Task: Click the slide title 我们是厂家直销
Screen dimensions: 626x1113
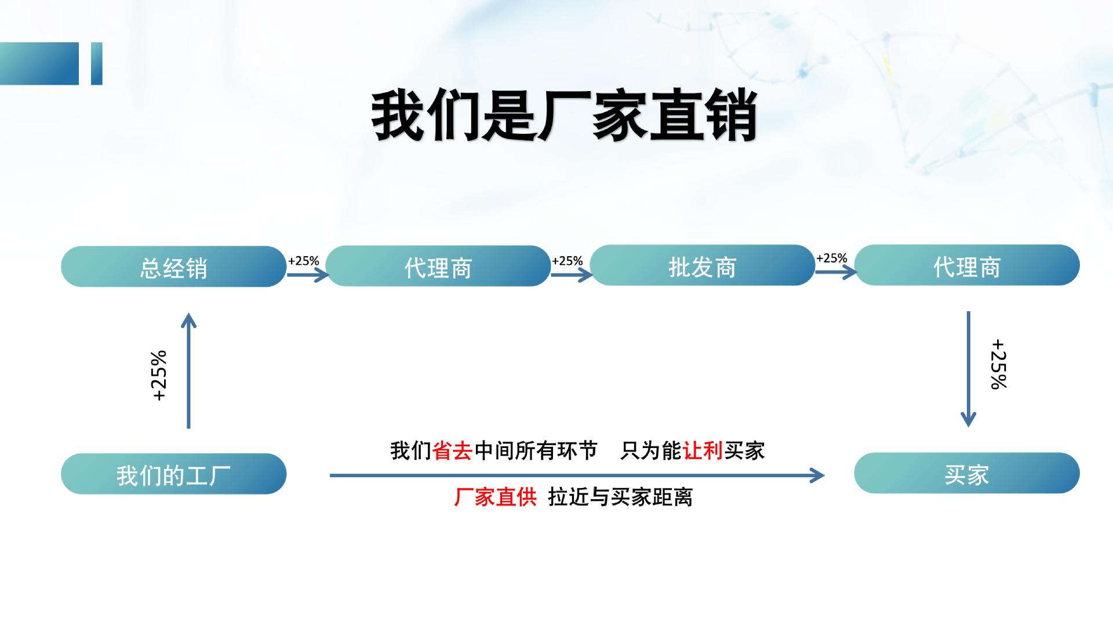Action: (564, 115)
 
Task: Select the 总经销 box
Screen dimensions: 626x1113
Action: (173, 267)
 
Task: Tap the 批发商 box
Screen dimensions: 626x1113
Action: (702, 265)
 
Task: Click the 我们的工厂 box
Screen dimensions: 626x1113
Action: (173, 474)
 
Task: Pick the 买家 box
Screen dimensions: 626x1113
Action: (966, 474)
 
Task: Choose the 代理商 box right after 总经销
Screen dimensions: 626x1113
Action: (438, 266)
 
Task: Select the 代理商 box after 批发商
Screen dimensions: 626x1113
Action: (966, 265)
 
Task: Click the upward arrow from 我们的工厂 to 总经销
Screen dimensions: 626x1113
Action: (189, 371)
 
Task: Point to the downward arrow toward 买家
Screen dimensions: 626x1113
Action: (968, 369)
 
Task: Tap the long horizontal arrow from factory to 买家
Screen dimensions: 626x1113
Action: (577, 475)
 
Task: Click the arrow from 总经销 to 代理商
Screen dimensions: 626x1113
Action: (308, 274)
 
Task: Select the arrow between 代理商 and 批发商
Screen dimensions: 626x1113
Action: (571, 274)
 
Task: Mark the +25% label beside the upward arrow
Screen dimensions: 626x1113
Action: (159, 376)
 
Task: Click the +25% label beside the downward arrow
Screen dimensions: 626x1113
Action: (999, 364)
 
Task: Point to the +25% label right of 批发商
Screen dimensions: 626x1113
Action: (831, 258)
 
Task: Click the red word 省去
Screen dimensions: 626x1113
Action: (452, 451)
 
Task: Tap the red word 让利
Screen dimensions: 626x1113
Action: (703, 451)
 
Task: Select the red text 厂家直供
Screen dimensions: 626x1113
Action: (495, 497)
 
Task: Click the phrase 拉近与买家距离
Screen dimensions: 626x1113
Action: (620, 497)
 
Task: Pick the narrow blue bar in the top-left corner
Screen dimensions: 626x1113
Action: (97, 64)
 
